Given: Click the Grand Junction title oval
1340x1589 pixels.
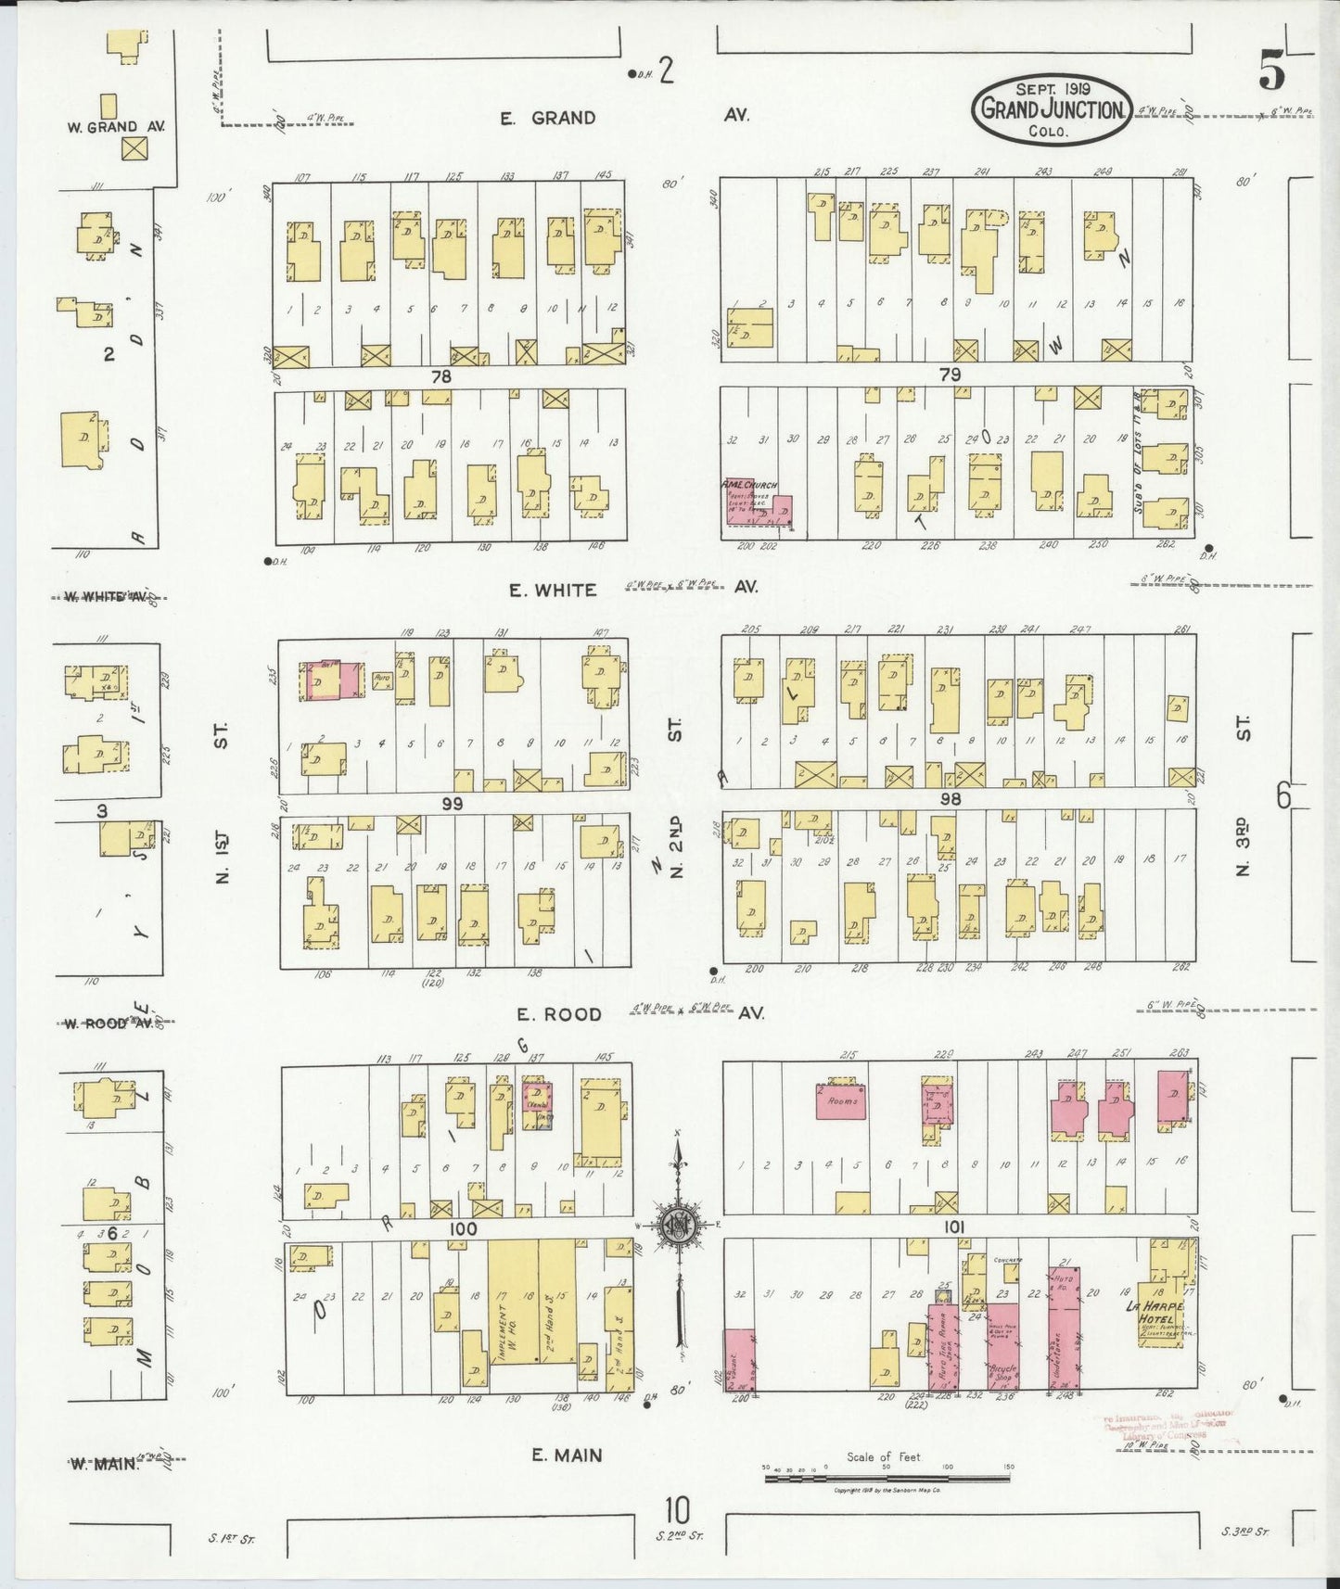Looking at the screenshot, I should point(1052,109).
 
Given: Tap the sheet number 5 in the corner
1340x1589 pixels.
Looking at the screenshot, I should point(1272,71).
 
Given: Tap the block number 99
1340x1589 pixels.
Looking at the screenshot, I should point(452,803).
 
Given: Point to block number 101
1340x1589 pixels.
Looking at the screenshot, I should point(954,1227).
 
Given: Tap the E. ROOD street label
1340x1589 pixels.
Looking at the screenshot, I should point(559,1014).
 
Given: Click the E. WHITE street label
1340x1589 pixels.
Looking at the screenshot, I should point(553,590).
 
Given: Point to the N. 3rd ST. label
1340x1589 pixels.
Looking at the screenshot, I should point(1244,844).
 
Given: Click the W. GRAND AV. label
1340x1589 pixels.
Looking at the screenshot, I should point(116,126).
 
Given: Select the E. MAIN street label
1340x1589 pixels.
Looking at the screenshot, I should point(566,1456).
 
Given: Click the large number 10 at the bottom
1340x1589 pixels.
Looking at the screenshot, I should point(677,1512).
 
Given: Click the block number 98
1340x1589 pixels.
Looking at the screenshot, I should point(950,798).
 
